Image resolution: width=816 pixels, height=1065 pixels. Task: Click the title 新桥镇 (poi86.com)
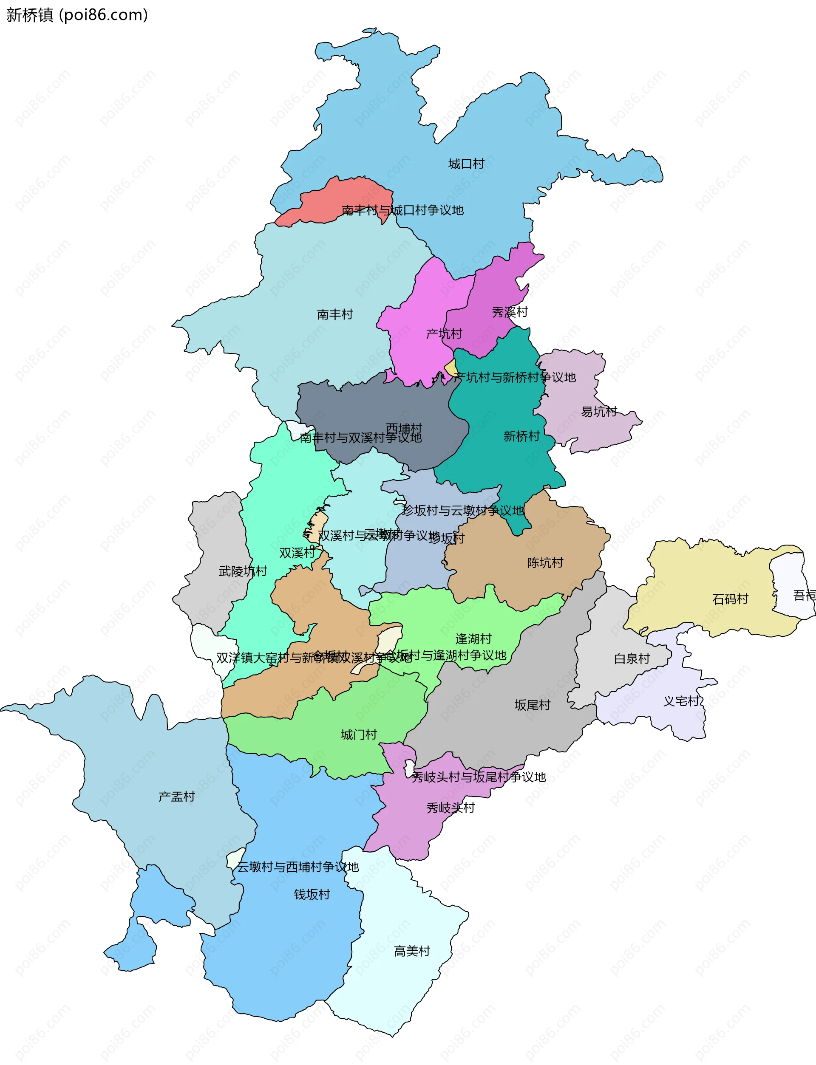[77, 15]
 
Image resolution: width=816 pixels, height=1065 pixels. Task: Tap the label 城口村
[466, 164]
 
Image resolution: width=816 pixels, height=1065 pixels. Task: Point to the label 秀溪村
[510, 312]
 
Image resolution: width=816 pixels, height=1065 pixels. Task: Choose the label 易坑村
[599, 412]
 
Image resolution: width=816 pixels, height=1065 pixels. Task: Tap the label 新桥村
[521, 436]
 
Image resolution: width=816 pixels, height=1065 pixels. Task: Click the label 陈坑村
[545, 562]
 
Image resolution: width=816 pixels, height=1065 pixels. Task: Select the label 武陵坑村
[243, 571]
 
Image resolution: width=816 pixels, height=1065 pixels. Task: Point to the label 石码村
[730, 599]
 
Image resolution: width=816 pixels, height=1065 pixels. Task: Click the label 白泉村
[632, 659]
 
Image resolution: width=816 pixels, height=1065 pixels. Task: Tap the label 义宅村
[681, 701]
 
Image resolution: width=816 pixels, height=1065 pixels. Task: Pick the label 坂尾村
[533, 705]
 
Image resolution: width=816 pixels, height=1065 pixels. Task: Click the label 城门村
[358, 735]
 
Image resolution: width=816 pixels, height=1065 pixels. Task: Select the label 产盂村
[176, 797]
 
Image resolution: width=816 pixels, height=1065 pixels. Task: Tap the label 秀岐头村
[450, 808]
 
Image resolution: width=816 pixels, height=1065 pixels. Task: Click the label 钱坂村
[312, 894]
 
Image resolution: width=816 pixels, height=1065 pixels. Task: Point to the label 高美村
[412, 951]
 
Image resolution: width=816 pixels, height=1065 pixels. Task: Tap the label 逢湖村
[473, 639]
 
